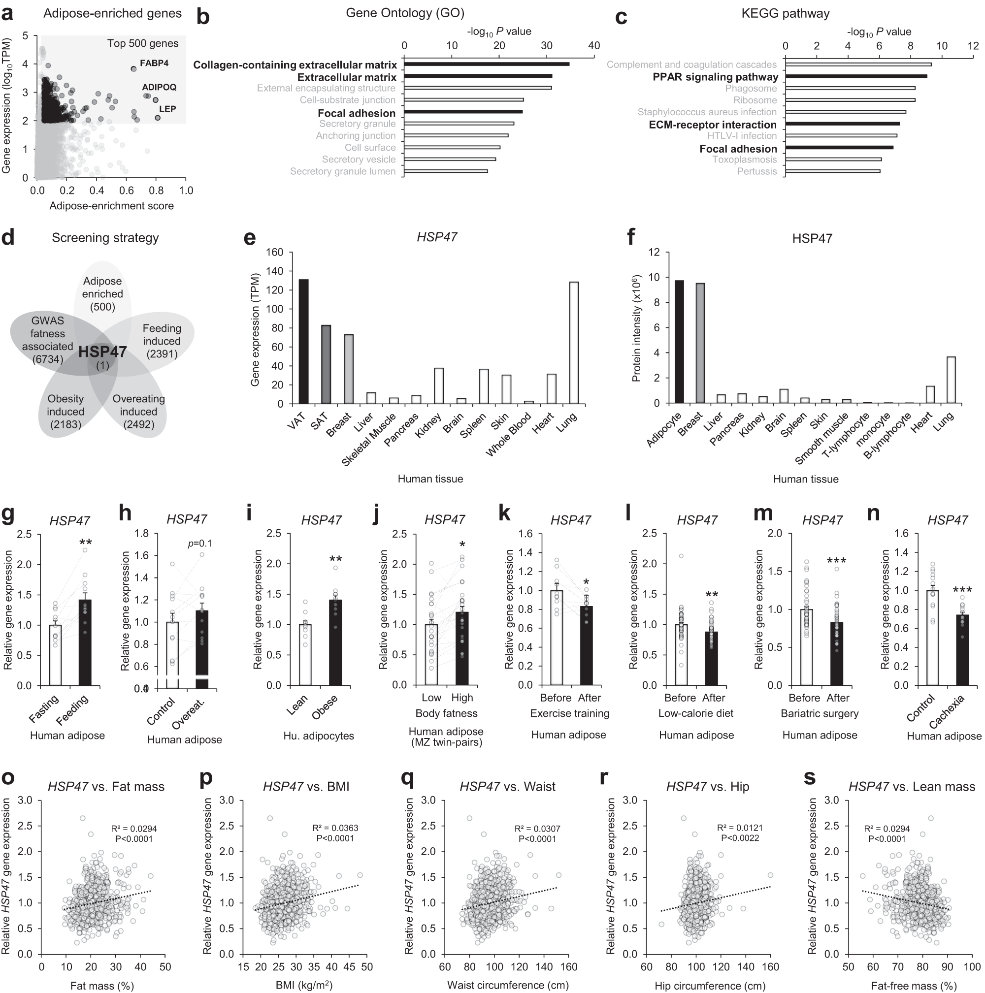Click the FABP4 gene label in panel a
tap(154, 63)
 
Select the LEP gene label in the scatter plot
tap(167, 109)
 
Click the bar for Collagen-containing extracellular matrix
tap(486, 64)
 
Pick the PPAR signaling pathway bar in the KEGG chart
tap(856, 77)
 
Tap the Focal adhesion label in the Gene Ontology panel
tap(356, 113)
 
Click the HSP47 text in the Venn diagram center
tap(102, 352)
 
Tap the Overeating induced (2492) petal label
tap(138, 412)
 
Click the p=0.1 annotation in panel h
tap(199, 544)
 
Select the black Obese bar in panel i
tap(335, 642)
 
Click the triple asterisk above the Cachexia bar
tap(961, 591)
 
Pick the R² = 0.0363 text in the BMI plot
tap(335, 828)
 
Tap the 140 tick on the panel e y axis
tap(275, 271)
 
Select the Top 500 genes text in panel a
tap(142, 44)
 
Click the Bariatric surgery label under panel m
tap(820, 713)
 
